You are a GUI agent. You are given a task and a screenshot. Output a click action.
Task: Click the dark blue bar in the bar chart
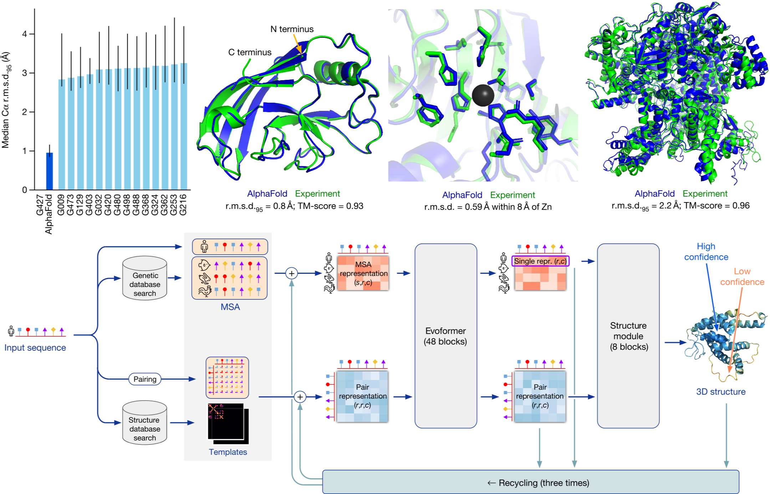tap(50, 171)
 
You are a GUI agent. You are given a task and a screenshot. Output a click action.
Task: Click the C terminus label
tap(250, 52)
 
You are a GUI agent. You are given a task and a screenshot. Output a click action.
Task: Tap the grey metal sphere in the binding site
tap(483, 96)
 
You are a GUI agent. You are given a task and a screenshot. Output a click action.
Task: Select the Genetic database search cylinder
tap(144, 278)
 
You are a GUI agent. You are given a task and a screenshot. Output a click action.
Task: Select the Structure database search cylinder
tap(144, 423)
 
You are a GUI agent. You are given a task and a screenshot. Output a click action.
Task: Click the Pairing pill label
tap(145, 379)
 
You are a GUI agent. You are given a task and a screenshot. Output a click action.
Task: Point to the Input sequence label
tap(35, 348)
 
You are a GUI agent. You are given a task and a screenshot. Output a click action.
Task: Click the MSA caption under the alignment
tap(230, 307)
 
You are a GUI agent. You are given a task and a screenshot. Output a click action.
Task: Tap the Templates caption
tap(228, 452)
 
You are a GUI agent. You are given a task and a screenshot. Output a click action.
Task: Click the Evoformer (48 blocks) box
tap(445, 336)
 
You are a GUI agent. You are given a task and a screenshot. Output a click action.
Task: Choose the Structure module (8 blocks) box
tap(628, 336)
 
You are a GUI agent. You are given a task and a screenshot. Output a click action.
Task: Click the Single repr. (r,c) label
tap(540, 261)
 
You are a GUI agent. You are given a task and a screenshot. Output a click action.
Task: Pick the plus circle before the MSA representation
tap(291, 273)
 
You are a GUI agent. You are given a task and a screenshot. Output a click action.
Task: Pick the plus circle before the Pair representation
tap(300, 397)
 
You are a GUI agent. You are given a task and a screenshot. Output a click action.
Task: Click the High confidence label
tap(706, 252)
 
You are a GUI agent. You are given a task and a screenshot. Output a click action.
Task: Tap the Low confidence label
tap(742, 277)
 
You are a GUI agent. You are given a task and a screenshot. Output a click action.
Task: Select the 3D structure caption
tap(721, 392)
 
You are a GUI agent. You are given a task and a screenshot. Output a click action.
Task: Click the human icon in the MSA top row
tap(204, 246)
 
